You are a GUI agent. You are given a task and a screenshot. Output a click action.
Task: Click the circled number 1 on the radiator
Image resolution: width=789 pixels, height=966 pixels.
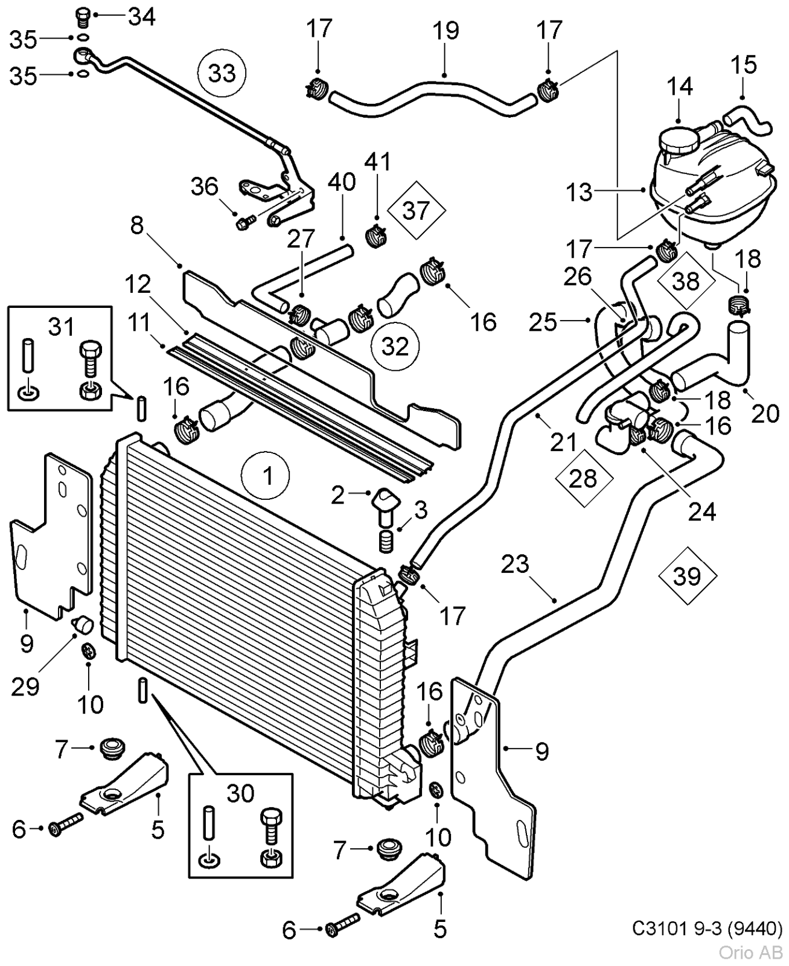pyautogui.click(x=266, y=476)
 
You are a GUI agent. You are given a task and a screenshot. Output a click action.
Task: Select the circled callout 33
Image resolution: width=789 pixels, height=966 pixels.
pyautogui.click(x=222, y=73)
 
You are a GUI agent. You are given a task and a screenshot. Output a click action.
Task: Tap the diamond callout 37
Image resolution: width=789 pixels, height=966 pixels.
pyautogui.click(x=416, y=211)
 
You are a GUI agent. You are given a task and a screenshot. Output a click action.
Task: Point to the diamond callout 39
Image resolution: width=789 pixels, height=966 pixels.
pyautogui.click(x=688, y=576)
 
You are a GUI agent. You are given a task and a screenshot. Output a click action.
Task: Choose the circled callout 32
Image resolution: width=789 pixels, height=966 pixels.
pyautogui.click(x=395, y=346)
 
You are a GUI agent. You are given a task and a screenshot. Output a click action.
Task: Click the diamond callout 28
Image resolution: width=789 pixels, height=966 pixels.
pyautogui.click(x=583, y=479)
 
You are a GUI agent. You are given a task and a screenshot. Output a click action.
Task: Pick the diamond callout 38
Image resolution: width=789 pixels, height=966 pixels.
pyautogui.click(x=685, y=281)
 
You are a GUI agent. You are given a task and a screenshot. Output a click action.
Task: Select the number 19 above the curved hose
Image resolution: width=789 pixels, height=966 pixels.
pyautogui.click(x=446, y=30)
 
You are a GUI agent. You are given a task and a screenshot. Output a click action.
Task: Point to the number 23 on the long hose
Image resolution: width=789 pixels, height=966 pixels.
pyautogui.click(x=515, y=565)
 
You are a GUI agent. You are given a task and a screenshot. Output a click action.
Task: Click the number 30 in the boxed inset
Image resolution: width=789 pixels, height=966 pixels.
pyautogui.click(x=240, y=793)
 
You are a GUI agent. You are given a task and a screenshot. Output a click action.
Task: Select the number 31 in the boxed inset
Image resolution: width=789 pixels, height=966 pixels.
pyautogui.click(x=61, y=327)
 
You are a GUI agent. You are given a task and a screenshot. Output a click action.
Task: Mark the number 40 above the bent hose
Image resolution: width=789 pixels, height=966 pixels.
pyautogui.click(x=342, y=182)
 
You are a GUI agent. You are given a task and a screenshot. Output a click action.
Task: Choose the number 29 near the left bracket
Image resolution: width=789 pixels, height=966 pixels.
pyautogui.click(x=25, y=686)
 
